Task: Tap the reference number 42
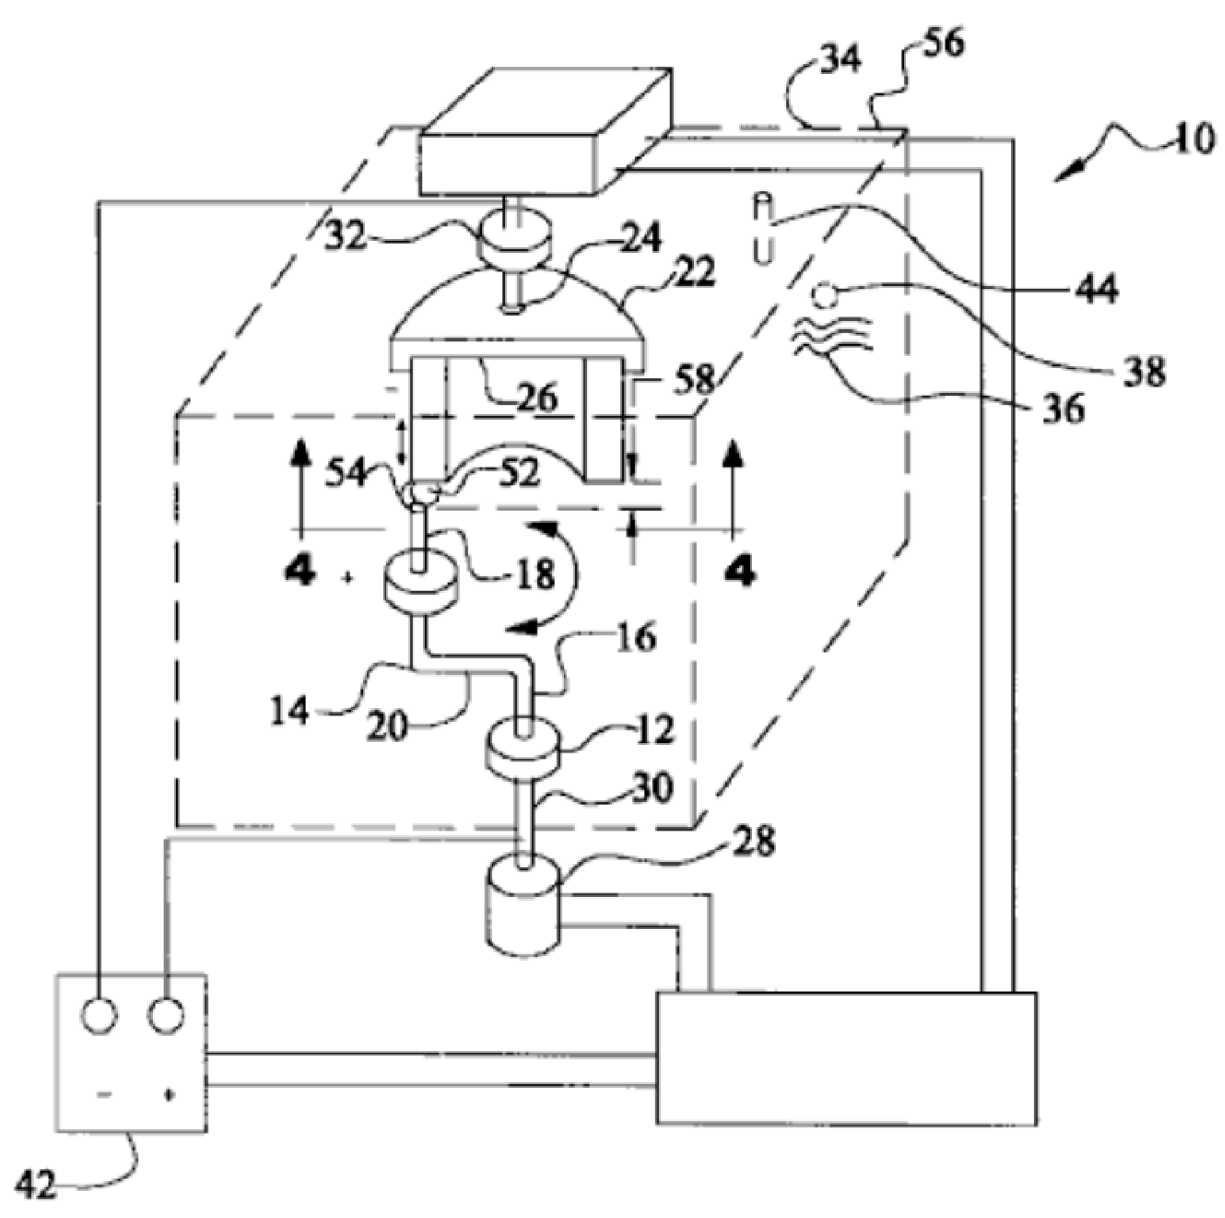coord(37,1187)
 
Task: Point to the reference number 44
coord(1096,289)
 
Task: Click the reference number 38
coord(1144,369)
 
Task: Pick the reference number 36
coord(1064,409)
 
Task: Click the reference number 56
coord(942,42)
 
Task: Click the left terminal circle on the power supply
coord(99,1015)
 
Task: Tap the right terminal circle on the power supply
coord(166,1015)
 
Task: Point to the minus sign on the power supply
coord(105,1094)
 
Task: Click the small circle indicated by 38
coord(821,293)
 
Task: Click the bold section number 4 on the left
coord(299,570)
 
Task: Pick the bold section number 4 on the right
coord(739,570)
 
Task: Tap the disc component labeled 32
coord(513,239)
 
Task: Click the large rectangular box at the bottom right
coord(847,1058)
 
